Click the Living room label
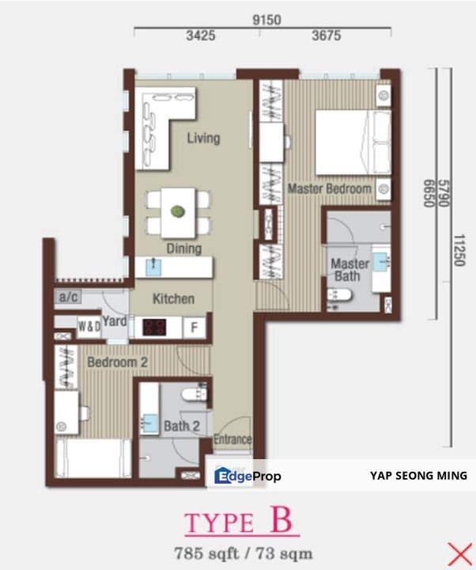pyautogui.click(x=203, y=139)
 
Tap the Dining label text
pyautogui.click(x=183, y=249)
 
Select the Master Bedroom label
pyautogui.click(x=329, y=190)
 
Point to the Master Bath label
pyautogui.click(x=349, y=270)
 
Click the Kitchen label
pyautogui.click(x=173, y=299)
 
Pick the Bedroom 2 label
pyautogui.click(x=118, y=363)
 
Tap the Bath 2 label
pyautogui.click(x=181, y=426)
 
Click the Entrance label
pyautogui.click(x=232, y=439)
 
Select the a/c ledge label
pyautogui.click(x=66, y=298)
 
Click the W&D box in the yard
pyautogui.click(x=88, y=326)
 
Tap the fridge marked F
pyautogui.click(x=193, y=327)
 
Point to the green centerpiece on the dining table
pyautogui.click(x=178, y=211)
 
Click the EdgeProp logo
pyautogui.click(x=247, y=476)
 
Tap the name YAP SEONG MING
pyautogui.click(x=418, y=476)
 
